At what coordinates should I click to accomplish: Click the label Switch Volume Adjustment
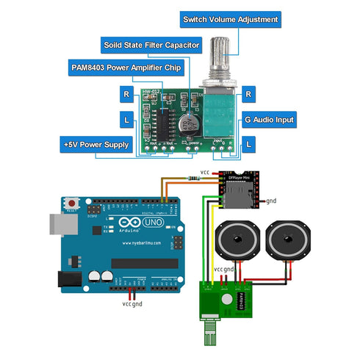click(230, 20)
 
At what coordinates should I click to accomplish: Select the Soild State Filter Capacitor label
click(150, 45)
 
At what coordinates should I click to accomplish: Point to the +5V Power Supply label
click(97, 145)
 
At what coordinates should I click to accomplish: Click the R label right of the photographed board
click(249, 94)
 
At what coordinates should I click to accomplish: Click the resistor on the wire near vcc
click(194, 176)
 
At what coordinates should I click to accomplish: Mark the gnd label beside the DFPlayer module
click(271, 201)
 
